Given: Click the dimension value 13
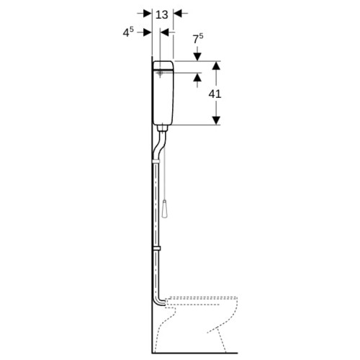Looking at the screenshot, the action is tap(162, 15).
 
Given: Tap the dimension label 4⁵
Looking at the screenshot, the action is tap(128, 32).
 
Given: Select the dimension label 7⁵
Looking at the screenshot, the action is tap(198, 39).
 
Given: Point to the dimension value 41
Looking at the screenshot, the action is tap(215, 94).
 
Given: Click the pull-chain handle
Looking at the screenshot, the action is tap(165, 209).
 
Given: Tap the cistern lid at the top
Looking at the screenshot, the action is tap(163, 66).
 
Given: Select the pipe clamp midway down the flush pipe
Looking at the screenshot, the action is tap(156, 248).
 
